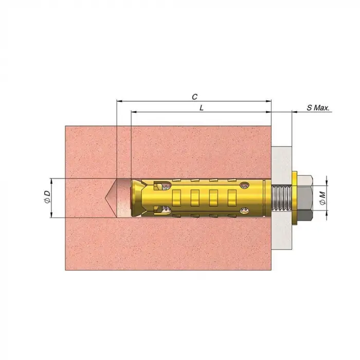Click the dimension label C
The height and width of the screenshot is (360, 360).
195,97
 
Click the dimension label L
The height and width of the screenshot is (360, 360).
202,108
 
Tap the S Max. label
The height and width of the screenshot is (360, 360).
318,108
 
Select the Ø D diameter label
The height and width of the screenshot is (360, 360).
47,197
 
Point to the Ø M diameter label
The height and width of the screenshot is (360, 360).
322,198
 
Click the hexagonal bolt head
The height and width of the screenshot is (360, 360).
304,198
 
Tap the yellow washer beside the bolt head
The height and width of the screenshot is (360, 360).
294,198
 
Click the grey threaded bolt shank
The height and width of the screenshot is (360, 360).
281,198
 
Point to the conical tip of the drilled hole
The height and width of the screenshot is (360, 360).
105,198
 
